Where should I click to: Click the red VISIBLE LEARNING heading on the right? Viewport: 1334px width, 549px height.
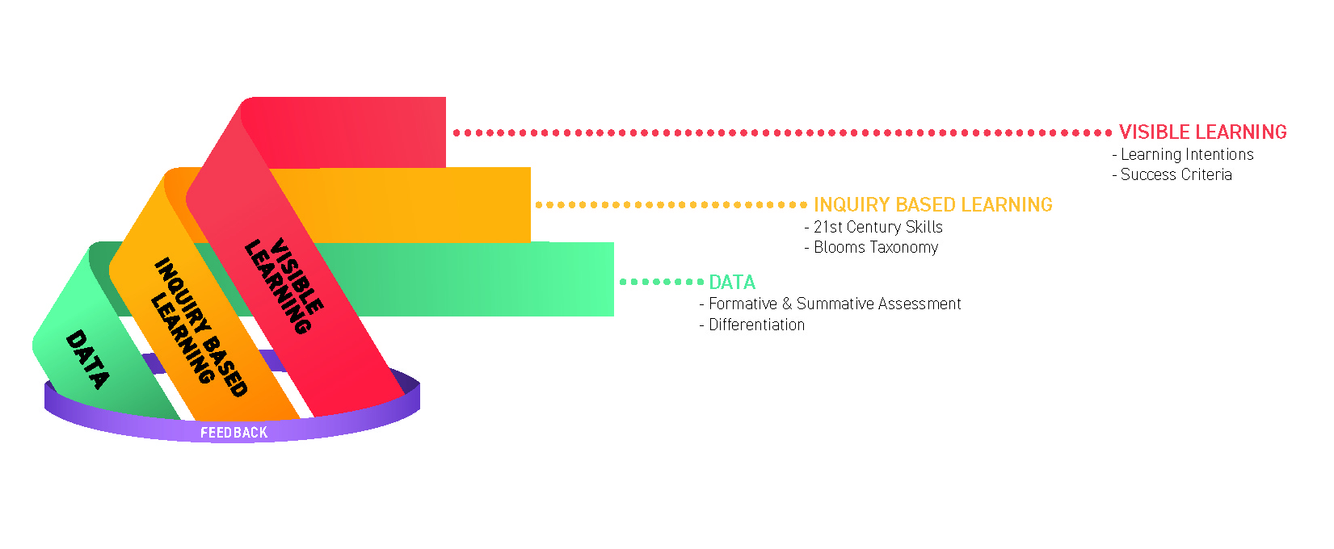click(1202, 132)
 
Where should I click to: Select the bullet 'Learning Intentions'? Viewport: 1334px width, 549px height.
click(1187, 154)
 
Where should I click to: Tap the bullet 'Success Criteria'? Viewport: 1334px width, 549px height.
click(1176, 174)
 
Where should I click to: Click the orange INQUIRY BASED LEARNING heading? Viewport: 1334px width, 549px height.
click(932, 204)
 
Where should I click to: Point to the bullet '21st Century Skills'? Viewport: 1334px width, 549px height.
click(877, 227)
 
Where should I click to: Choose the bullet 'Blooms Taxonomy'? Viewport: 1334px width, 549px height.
click(876, 247)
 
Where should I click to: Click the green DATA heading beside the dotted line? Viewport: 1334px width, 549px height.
click(732, 282)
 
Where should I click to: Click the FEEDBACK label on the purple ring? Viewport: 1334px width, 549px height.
click(234, 433)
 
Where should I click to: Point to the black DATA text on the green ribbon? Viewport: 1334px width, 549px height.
click(87, 359)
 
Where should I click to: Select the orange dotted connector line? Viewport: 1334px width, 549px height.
click(671, 205)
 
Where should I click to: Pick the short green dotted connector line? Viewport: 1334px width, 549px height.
click(661, 282)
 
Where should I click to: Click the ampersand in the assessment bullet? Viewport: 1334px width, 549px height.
click(787, 304)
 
